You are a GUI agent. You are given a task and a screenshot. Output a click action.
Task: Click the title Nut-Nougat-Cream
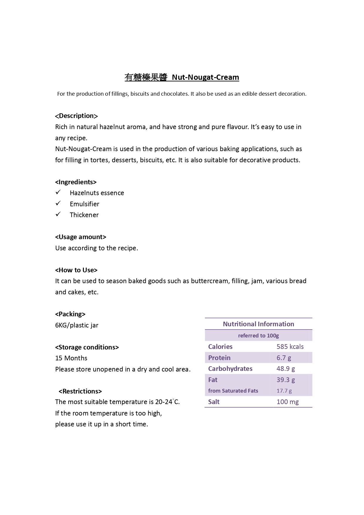pos(205,77)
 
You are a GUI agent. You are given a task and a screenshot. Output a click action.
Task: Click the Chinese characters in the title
pos(146,77)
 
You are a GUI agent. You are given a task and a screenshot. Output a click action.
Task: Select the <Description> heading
pos(76,116)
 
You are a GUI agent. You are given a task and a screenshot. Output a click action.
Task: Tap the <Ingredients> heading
pos(76,182)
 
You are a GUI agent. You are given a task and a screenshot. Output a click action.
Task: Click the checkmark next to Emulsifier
pos(58,203)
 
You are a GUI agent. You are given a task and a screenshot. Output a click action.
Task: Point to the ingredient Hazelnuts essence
pos(97,193)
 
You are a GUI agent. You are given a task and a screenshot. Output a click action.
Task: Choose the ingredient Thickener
pos(84,215)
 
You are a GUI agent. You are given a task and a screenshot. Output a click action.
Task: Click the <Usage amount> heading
pos(81,237)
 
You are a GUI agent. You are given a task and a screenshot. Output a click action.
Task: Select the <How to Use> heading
pos(76,270)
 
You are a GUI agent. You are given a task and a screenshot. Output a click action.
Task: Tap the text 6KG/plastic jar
pos(77,325)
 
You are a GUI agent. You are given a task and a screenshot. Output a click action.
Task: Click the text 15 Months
pos(71,358)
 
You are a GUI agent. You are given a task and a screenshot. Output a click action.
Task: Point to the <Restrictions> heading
pos(80,391)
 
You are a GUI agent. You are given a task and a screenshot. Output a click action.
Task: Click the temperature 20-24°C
pos(167,402)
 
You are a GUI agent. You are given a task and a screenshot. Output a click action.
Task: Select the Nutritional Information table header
pos(258,324)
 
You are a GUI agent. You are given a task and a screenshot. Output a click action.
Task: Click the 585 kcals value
pos(290,347)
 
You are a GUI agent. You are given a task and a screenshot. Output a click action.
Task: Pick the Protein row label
pos(219,358)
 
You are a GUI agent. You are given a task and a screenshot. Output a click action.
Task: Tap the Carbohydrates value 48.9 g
pos(285,369)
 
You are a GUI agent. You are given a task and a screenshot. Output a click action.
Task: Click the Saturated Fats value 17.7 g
pos(284,391)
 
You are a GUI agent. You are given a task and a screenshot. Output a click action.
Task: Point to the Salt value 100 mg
pos(287,402)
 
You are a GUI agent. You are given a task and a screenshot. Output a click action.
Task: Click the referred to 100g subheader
pos(258,335)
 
